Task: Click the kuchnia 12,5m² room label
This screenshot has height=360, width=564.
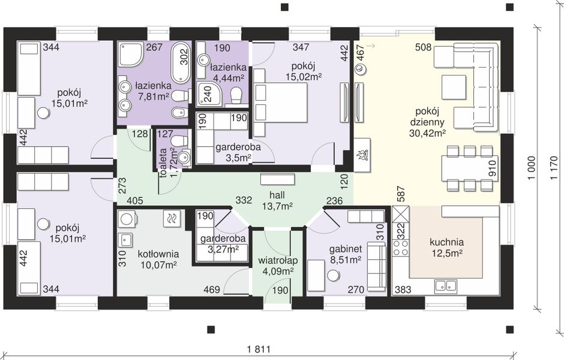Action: click(446, 247)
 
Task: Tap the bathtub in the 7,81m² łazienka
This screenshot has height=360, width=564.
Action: click(180, 63)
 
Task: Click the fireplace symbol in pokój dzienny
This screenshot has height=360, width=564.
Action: click(362, 155)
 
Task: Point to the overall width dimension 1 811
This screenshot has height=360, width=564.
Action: click(259, 349)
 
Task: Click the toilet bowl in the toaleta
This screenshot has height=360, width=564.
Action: click(178, 140)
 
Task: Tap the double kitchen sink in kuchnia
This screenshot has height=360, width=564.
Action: click(446, 285)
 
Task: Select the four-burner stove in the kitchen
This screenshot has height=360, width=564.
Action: click(400, 248)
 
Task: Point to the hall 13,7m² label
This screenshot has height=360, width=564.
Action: click(277, 200)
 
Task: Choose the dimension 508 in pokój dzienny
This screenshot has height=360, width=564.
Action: click(423, 47)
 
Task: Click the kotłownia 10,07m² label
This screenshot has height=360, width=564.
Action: click(158, 259)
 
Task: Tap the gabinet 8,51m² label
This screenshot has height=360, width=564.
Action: click(346, 254)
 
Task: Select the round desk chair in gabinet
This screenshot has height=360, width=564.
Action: click(334, 276)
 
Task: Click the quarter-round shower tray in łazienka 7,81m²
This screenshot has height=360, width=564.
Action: click(131, 55)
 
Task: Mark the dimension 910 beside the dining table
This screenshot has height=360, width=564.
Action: click(492, 169)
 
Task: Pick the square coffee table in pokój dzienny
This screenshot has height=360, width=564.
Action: click(454, 87)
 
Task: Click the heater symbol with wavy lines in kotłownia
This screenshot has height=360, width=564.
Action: click(172, 218)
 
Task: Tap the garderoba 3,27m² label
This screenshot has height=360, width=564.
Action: click(223, 244)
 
